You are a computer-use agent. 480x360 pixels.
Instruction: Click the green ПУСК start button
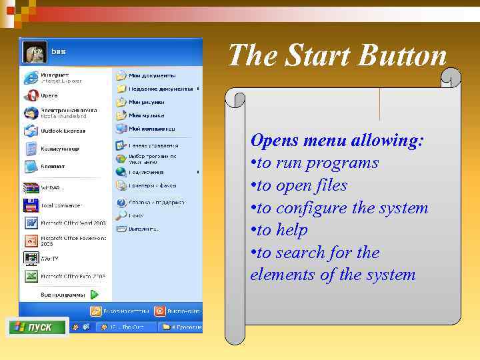coord(38,327)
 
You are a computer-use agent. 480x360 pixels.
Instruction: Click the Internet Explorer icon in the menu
coord(31,77)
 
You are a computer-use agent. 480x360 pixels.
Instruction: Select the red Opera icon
coord(31,95)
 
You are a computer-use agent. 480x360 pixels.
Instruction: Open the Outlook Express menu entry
coord(60,131)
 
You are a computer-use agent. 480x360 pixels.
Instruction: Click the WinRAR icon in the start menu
coord(31,187)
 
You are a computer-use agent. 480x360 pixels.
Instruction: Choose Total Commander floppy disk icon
coord(31,205)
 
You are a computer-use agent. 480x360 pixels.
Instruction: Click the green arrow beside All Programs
coord(95,294)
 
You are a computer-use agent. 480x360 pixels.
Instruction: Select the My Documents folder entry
coord(151,75)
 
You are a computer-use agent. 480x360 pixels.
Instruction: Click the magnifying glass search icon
coord(121,215)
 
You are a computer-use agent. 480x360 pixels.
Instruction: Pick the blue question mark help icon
coord(121,202)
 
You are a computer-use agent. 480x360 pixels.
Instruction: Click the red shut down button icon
coord(159,311)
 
